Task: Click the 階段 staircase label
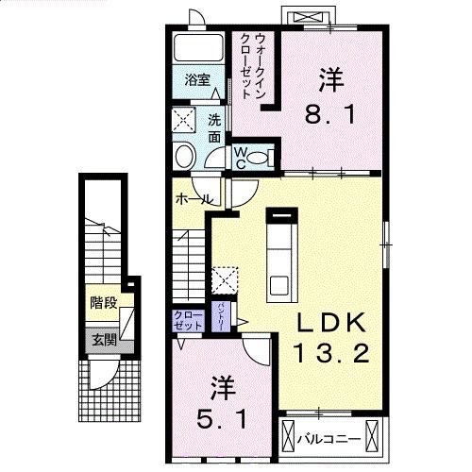(x=103, y=304)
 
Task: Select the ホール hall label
(x=193, y=200)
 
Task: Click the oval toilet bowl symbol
(x=186, y=156)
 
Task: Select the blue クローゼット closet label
(x=187, y=319)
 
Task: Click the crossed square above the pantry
(x=225, y=280)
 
